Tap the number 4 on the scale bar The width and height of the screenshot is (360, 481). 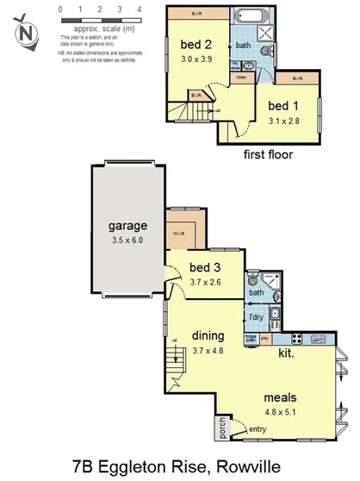pos(140,9)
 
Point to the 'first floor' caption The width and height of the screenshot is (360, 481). pos(269,155)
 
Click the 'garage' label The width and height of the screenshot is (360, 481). pos(127,227)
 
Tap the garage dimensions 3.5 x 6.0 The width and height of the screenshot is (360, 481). pos(127,241)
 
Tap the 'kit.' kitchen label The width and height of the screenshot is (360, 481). pos(287,352)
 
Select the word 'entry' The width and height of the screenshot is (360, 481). pos(258,429)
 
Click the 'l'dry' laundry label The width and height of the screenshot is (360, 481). pos(256,317)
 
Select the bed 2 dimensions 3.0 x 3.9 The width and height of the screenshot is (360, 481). pos(196,60)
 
